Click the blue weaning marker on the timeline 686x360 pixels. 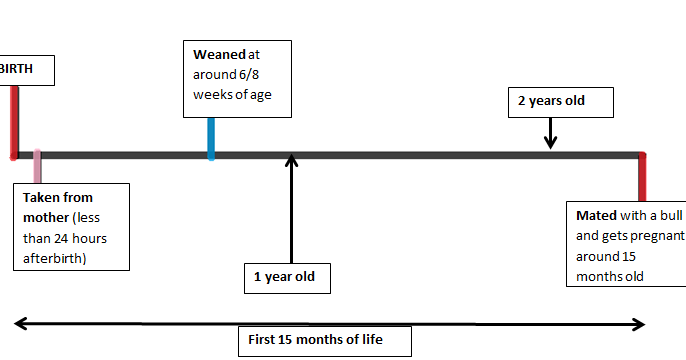tap(211, 138)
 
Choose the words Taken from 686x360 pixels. tap(58, 198)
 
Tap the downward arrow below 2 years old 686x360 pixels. tap(550, 135)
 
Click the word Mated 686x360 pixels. tap(597, 215)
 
